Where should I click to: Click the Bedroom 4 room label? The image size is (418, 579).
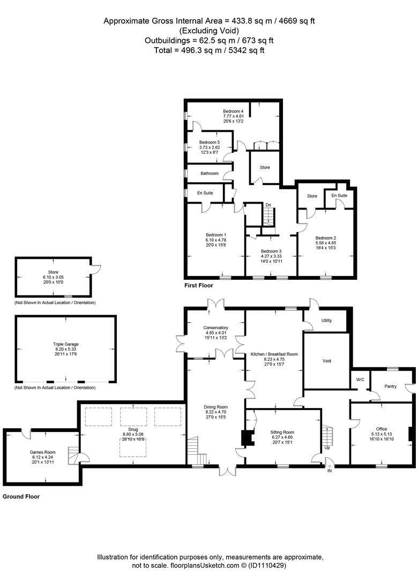[233, 111]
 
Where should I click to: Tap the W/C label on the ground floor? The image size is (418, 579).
[360, 380]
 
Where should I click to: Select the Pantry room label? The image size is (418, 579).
[390, 386]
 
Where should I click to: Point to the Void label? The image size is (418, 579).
[327, 361]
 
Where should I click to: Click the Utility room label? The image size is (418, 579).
[326, 321]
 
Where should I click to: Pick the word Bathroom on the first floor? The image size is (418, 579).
[210, 173]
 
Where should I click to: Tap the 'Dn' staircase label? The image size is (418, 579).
[268, 205]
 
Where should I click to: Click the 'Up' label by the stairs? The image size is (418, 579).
[327, 448]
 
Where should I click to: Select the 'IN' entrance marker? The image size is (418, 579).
[330, 471]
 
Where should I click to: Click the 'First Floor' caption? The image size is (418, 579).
[199, 285]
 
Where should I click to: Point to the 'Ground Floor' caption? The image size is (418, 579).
[21, 496]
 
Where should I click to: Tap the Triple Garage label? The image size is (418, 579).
[66, 344]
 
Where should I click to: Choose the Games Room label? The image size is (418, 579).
[42, 452]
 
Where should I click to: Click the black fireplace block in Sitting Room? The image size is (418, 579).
[246, 438]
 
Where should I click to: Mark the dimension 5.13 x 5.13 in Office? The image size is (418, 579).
[382, 434]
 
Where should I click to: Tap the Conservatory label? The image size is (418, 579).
[215, 328]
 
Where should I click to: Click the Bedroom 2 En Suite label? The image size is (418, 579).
[339, 195]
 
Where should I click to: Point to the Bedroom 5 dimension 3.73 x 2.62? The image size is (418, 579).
[210, 147]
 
